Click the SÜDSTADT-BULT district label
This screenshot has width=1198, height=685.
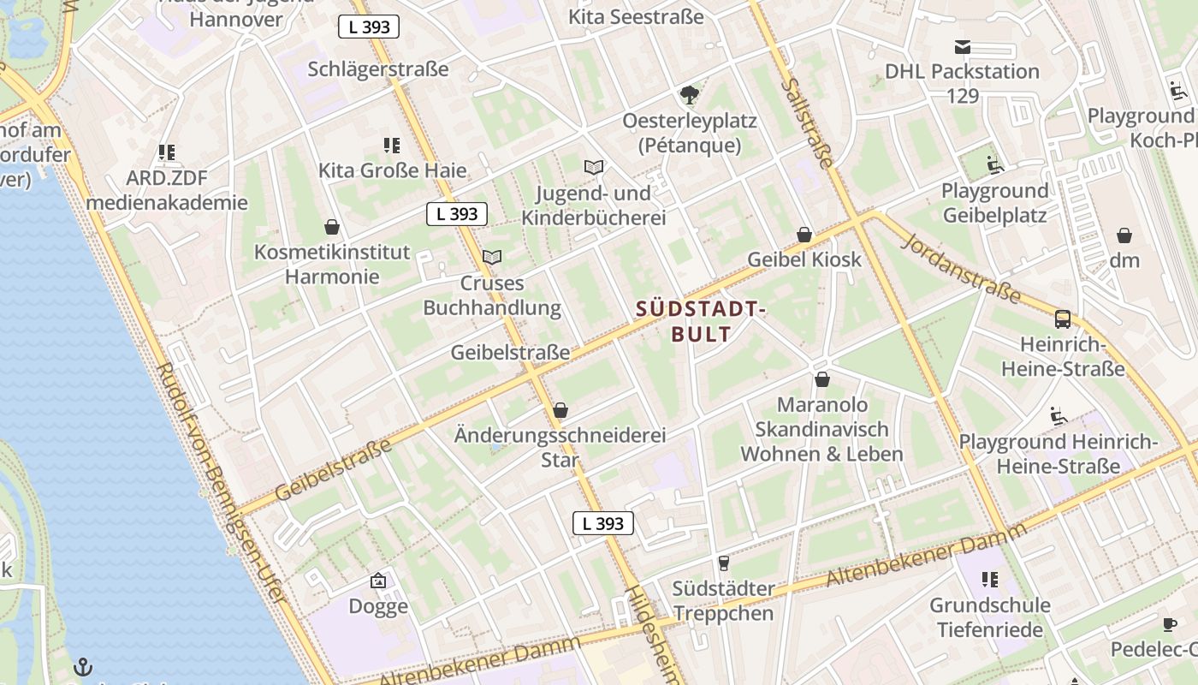pos(700,321)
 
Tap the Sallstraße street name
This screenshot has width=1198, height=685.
pos(807,122)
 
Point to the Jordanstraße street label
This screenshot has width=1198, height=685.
pos(961,267)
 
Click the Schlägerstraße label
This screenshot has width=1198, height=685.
pos(378,69)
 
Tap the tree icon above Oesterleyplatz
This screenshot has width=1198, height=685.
pos(689,94)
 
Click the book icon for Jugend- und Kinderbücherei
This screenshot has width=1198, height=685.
pos(594,167)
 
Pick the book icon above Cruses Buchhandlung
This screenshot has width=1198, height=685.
pos(492,256)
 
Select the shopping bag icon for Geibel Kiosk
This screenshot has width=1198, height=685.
pos(804,234)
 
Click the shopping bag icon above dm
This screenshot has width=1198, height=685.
pos(1124,235)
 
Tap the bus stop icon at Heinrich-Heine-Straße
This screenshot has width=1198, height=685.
pos(1063,319)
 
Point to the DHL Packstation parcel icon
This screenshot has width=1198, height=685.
pos(963,46)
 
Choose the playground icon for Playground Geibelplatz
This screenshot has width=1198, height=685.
pos(994,164)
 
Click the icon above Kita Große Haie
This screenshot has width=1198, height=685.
pos(392,146)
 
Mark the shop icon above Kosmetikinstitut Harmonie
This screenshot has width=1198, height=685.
pos(332,227)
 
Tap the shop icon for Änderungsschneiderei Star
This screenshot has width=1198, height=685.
pos(560,410)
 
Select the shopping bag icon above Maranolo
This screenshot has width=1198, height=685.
pos(822,378)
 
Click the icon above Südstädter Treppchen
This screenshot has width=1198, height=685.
pos(723,563)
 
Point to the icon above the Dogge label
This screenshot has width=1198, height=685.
pos(378,581)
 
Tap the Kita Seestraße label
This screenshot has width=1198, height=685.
pos(636,16)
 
